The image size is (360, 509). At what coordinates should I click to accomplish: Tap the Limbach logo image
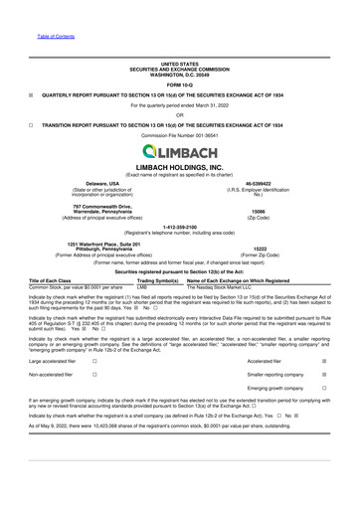point(180,151)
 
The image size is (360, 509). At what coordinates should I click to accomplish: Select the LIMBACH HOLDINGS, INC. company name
point(180,169)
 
